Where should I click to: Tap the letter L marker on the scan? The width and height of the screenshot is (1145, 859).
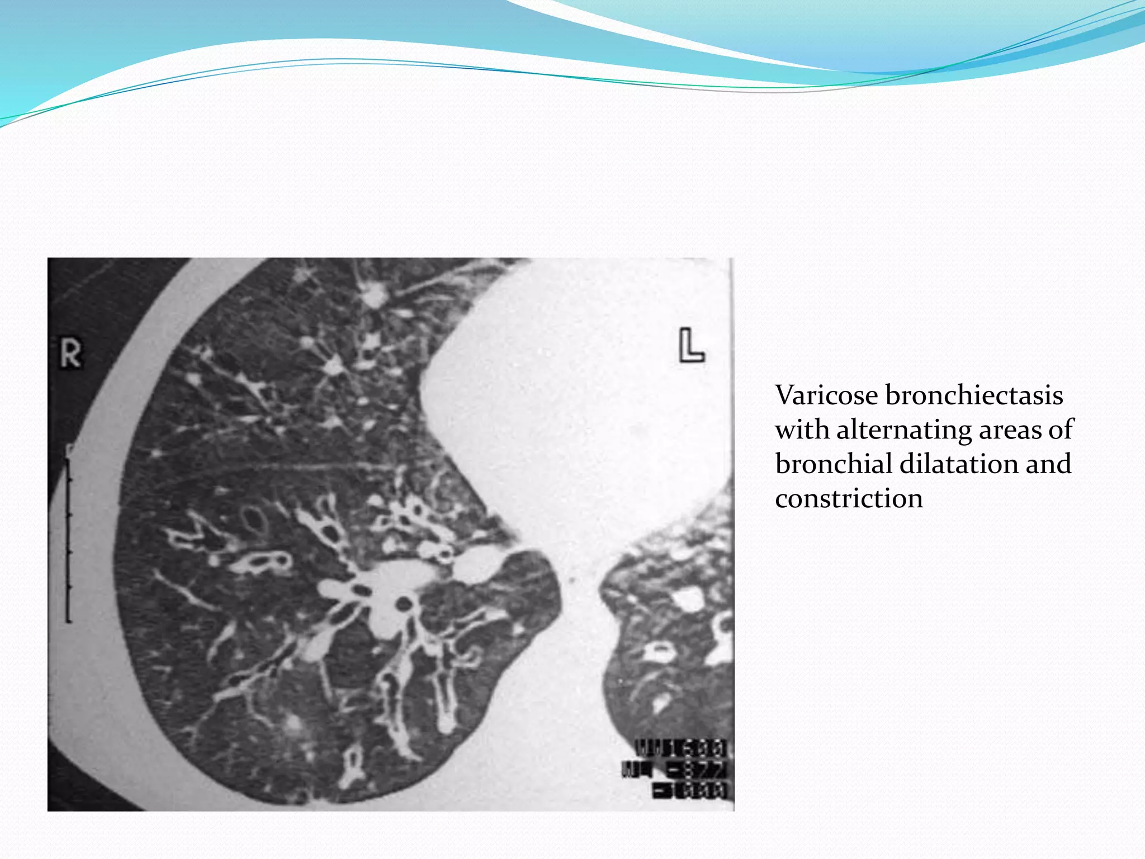[x=691, y=346]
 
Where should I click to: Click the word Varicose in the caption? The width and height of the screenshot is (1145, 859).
[x=826, y=395]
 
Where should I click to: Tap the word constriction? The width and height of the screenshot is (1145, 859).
[x=849, y=498]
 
